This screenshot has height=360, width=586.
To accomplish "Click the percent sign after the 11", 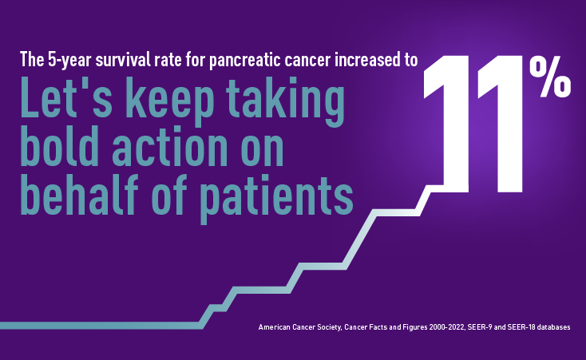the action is point(550,77).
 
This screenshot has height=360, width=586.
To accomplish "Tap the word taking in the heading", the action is point(286,101).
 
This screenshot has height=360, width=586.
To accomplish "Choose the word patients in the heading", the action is point(276,197).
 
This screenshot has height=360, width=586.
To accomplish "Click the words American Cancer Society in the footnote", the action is point(299,327).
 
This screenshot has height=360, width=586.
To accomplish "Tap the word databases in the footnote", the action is point(554,327).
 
